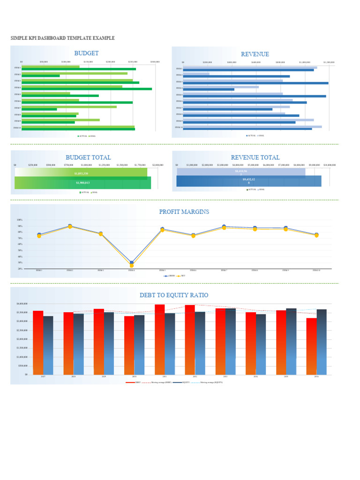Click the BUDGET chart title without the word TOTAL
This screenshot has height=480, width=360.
(86, 53)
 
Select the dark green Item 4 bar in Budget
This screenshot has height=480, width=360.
(87, 89)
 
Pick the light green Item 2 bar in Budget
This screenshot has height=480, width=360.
(75, 73)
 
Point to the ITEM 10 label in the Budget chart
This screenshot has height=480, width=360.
(17, 127)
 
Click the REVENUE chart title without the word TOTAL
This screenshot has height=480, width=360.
(255, 54)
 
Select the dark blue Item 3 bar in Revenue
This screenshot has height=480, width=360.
(255, 83)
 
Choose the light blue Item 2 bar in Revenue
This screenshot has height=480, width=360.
(196, 74)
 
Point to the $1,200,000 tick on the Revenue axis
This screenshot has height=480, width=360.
(330, 62)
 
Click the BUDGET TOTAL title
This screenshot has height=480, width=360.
(88, 157)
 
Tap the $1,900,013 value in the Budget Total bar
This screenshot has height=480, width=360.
(82, 183)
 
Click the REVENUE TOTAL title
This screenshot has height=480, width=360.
(255, 157)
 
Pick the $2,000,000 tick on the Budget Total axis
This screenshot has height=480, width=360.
(158, 165)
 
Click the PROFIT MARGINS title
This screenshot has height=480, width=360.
(184, 212)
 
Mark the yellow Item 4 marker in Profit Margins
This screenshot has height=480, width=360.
(132, 265)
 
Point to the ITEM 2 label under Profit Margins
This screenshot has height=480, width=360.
(70, 270)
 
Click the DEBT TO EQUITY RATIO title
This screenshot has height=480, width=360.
(174, 295)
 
